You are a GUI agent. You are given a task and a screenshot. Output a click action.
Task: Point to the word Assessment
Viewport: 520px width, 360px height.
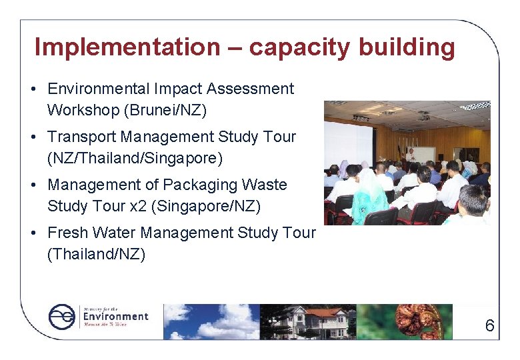click(x=251, y=89)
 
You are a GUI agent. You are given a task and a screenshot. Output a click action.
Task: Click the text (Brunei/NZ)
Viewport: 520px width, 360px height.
click(x=173, y=110)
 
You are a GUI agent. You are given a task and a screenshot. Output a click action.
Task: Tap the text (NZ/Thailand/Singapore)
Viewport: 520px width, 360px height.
click(x=135, y=158)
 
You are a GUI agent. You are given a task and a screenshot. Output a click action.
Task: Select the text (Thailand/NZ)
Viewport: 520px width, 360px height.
click(x=96, y=254)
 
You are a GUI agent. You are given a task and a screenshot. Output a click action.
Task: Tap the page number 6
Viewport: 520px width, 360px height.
click(x=489, y=326)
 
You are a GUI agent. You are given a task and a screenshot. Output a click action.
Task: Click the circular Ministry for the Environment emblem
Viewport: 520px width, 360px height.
click(x=63, y=317)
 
